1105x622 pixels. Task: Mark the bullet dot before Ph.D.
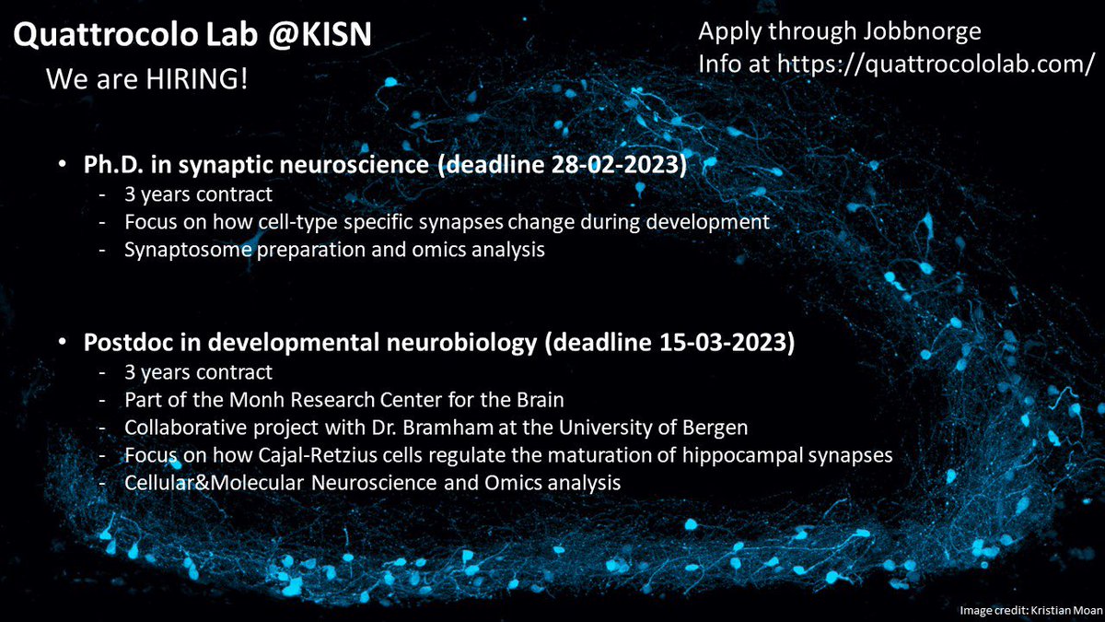point(61,167)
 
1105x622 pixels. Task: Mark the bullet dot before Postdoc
point(61,343)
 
